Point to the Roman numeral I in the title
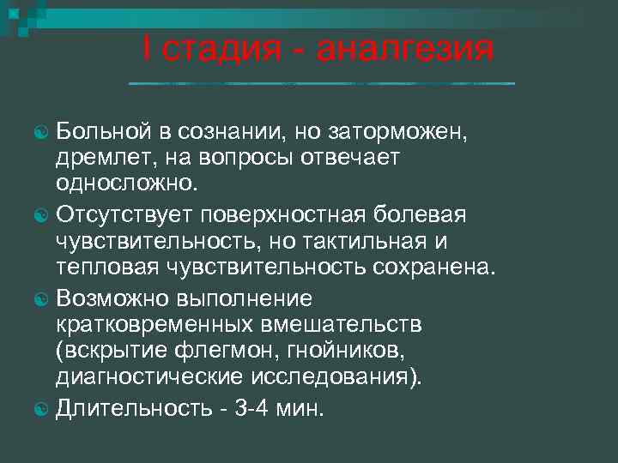[x=148, y=49]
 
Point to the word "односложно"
[x=125, y=185]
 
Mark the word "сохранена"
[x=433, y=268]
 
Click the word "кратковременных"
[x=154, y=327]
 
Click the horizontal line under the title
[x=321, y=83]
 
